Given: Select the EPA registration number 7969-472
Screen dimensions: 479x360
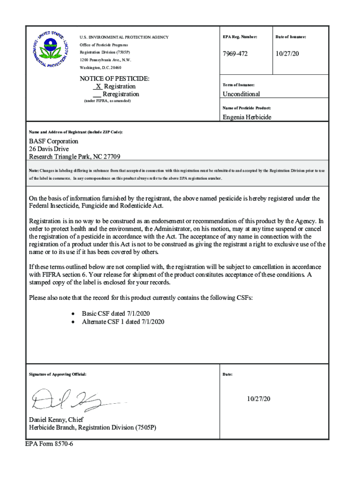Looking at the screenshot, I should point(235,54).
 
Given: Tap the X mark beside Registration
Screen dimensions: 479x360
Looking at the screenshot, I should point(98,87).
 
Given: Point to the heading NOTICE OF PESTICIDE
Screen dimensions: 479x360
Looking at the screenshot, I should point(115,78).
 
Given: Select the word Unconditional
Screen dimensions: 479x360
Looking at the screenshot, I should point(241,94).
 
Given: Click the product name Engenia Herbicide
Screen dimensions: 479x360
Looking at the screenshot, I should point(246,117).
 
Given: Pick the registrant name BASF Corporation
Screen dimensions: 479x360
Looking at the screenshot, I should point(54,141).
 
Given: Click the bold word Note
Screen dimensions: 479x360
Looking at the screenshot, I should point(34,171).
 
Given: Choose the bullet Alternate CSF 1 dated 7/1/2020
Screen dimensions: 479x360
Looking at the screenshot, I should point(123,322).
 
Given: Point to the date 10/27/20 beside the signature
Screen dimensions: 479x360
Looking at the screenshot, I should point(259,399).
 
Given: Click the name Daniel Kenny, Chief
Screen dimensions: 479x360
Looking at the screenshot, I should point(56,420).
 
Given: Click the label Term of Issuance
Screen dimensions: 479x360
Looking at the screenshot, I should point(238,85).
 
